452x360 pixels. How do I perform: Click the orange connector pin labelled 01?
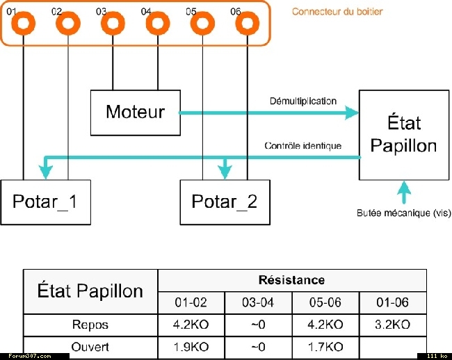pyautogui.click(x=24, y=23)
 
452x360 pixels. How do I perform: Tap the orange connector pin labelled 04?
pyautogui.click(x=158, y=23)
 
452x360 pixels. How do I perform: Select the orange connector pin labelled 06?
pyautogui.click(x=248, y=23)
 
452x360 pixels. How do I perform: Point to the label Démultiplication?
pyautogui.click(x=303, y=101)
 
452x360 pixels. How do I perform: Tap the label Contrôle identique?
pyautogui.click(x=303, y=146)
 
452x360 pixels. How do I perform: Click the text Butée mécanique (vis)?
pyautogui.click(x=403, y=213)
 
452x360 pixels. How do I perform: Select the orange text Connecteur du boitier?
pyautogui.click(x=337, y=12)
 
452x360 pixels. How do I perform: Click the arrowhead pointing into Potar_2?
pyautogui.click(x=225, y=173)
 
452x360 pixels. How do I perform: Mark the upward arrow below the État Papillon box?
pyautogui.click(x=404, y=193)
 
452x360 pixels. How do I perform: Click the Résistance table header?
pyautogui.click(x=292, y=280)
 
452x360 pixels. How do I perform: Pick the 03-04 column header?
pyautogui.click(x=258, y=302)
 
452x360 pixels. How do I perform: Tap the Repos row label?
pyautogui.click(x=90, y=325)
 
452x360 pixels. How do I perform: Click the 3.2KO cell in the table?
pyautogui.click(x=393, y=325)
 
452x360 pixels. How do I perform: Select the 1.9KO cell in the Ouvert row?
pyautogui.click(x=191, y=347)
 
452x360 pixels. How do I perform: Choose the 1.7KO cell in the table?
pyautogui.click(x=325, y=347)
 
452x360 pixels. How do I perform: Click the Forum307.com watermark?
pyautogui.click(x=30, y=357)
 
